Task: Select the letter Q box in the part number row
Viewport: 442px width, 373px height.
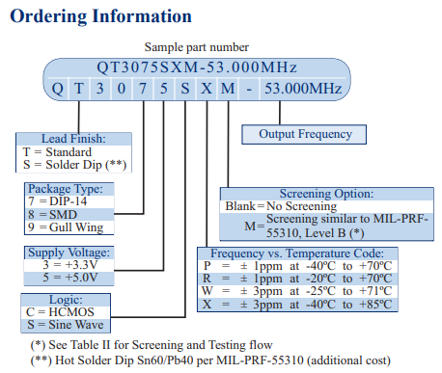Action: (56, 88)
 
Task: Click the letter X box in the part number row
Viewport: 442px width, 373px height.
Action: (205, 88)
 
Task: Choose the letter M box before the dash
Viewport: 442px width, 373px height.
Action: (226, 88)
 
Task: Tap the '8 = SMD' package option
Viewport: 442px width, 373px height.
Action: (53, 213)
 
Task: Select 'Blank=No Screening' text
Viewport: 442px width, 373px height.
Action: (281, 205)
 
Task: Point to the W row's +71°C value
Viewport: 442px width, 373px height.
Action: (374, 290)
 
